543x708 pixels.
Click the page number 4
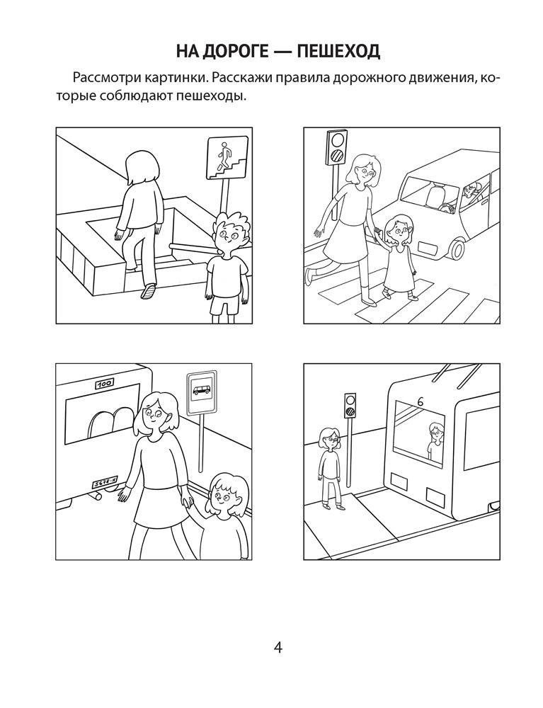tap(278, 648)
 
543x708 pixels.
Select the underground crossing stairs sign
tap(227, 157)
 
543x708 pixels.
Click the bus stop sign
tap(202, 393)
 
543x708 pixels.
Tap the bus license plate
tap(104, 484)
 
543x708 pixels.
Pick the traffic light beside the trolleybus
tap(350, 404)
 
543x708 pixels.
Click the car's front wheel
tap(456, 248)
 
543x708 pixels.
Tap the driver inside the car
tap(470, 193)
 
